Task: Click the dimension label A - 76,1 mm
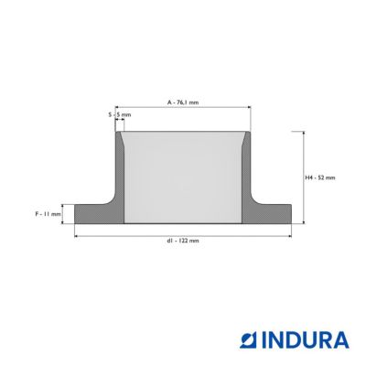pos(183,102)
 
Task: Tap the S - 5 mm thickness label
pos(120,115)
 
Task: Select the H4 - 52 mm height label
pos(320,178)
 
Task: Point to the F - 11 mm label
pos(48,214)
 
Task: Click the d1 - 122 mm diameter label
pos(183,241)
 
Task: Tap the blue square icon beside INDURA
pos(250,340)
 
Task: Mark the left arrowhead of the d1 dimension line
pos(77,236)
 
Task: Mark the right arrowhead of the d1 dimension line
pos(289,236)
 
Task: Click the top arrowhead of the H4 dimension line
pos(304,134)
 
